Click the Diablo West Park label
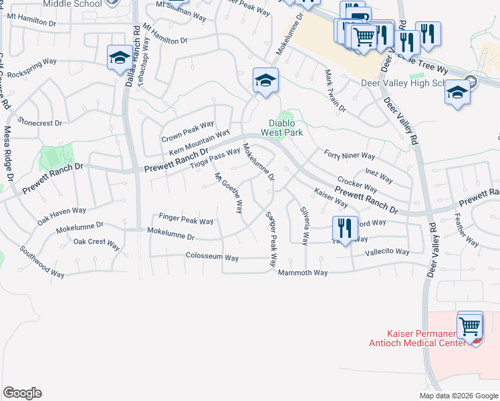[x=286, y=128]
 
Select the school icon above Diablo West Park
[x=265, y=82]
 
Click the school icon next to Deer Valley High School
[x=458, y=93]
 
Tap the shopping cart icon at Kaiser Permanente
[x=471, y=326]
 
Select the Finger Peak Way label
[x=186, y=219]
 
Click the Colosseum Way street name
[x=212, y=257]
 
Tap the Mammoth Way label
[x=303, y=273]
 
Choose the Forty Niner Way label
[x=350, y=156]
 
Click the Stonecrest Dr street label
[x=40, y=123]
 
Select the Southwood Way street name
[x=42, y=263]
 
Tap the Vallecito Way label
[x=387, y=251]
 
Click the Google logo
[x=22, y=393]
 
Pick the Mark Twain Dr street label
[x=335, y=91]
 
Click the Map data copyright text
[x=459, y=395]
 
